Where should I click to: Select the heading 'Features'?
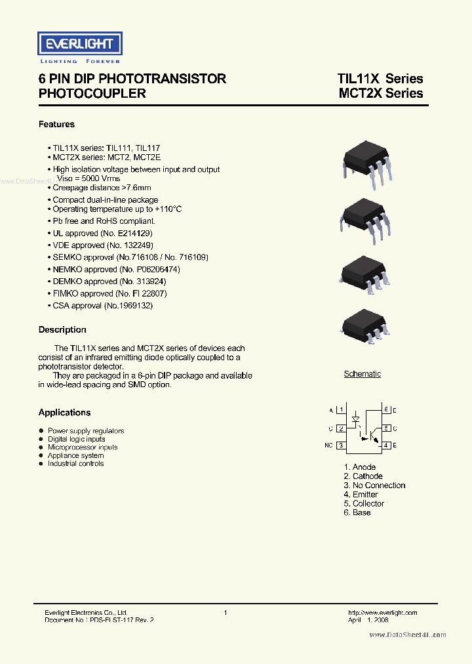coord(56,124)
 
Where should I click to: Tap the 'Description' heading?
coord(62,329)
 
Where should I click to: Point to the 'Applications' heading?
coord(64,412)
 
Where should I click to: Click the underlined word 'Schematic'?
coord(363,374)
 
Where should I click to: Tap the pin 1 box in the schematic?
coord(341,410)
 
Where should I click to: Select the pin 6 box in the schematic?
coord(386,410)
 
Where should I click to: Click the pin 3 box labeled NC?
coord(341,446)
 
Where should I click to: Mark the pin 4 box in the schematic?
coord(386,446)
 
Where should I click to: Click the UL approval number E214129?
coord(134,233)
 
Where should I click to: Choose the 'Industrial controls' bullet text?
coord(75,463)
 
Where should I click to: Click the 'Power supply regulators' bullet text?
coord(86,431)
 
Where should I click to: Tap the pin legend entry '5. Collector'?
coord(364,503)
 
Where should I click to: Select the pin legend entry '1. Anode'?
coord(359,467)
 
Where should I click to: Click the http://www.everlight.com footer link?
coord(382,613)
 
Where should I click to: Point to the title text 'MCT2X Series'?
coord(380,93)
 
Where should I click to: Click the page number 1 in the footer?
coord(226,613)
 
